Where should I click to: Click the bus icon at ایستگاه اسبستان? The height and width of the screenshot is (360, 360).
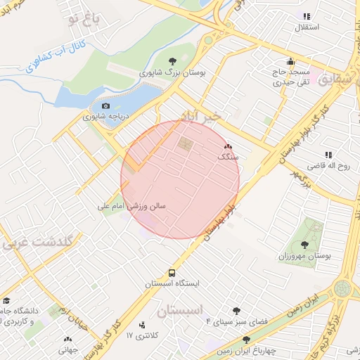pyautogui.click(x=172, y=272)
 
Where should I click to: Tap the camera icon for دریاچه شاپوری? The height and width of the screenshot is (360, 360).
pyautogui.click(x=105, y=106)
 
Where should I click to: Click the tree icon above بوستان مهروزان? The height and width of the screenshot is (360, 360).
pyautogui.click(x=304, y=245)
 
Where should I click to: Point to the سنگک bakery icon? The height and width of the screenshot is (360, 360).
pyautogui.click(x=227, y=148)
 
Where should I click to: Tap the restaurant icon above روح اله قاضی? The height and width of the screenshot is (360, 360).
pyautogui.click(x=328, y=155)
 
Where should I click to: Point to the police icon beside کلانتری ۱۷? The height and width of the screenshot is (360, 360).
pyautogui.click(x=143, y=325)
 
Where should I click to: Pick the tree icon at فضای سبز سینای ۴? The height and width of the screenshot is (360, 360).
pyautogui.click(x=236, y=309)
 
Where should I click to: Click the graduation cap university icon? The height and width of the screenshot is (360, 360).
pyautogui.click(x=6, y=300)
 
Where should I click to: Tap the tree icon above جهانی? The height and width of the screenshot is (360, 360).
pyautogui.click(x=68, y=338)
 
